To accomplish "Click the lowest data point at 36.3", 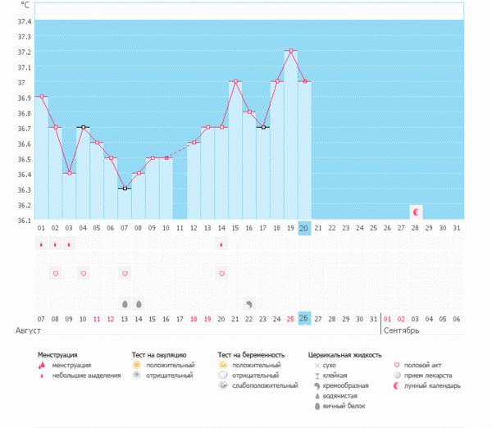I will (125, 189).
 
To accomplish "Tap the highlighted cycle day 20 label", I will (304, 228).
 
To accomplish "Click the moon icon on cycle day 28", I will (416, 212).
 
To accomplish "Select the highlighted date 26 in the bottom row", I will (304, 318).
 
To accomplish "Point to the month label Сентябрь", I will (402, 330).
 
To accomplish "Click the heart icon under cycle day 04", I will (83, 273).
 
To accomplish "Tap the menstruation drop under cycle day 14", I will (222, 244).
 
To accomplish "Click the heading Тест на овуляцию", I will (159, 355).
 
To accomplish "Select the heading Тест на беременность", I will (252, 355).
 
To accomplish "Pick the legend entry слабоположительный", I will (265, 385).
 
